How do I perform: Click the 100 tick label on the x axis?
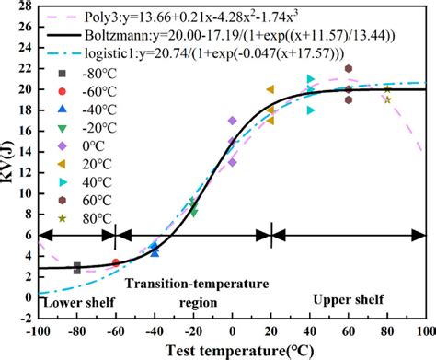[x=424, y=330]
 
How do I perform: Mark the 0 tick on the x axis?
[x=232, y=330]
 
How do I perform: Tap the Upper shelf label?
[x=347, y=299]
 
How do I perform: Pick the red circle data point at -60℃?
[x=115, y=263]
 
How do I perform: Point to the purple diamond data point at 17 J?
[x=232, y=121]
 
